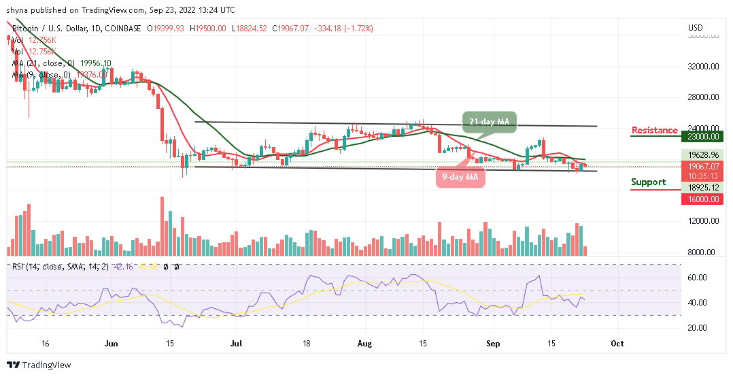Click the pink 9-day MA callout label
point(460,178)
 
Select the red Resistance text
point(654,130)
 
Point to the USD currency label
point(695,28)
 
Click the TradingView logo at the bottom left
point(39,365)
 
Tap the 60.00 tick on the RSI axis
point(698,278)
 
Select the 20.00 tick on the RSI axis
point(698,327)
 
